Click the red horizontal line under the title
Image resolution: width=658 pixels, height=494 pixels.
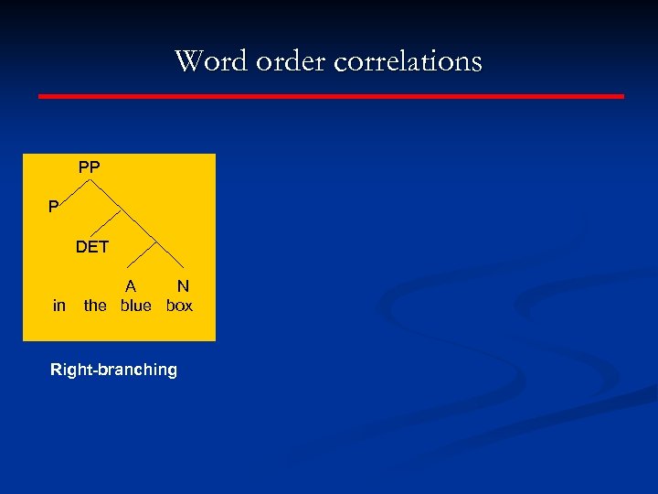[x=331, y=95]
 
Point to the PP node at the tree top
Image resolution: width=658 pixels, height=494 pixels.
[x=90, y=167]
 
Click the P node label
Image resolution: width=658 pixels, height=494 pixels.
[x=53, y=207]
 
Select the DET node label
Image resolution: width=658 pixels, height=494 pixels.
[x=92, y=246]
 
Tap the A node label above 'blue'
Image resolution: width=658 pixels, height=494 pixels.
[x=131, y=285]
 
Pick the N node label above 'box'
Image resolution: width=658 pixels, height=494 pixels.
[x=183, y=285]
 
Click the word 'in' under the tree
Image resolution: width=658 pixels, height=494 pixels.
[x=59, y=306]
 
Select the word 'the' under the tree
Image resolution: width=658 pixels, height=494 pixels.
[x=95, y=306]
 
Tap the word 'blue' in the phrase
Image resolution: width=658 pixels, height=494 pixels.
[x=136, y=306]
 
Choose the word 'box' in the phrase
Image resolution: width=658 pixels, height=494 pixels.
[x=180, y=306]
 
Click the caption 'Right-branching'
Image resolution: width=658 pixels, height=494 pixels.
[x=113, y=370]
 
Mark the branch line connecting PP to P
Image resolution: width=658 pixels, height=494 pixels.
[x=75, y=193]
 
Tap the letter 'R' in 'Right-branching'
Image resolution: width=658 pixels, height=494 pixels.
[x=56, y=370]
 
